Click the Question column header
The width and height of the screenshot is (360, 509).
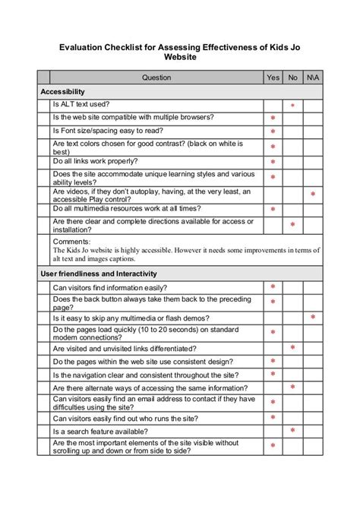(x=156, y=77)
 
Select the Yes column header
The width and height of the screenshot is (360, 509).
(x=273, y=77)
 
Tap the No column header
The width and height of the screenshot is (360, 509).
(x=292, y=77)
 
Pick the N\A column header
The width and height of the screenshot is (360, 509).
(x=312, y=77)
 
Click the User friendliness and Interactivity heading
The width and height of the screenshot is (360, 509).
(x=99, y=273)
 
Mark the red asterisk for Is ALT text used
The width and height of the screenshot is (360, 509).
(x=292, y=106)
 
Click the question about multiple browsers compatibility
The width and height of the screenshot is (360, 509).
(x=133, y=117)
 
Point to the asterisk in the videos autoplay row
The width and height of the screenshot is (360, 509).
(x=312, y=195)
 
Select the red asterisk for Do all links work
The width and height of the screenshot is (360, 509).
(x=273, y=163)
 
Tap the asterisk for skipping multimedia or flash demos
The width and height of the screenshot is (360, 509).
(x=312, y=317)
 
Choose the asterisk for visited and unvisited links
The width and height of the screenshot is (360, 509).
(x=292, y=347)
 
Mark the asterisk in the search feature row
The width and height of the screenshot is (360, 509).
(x=292, y=431)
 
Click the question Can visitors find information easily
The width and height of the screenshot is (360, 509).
(x=110, y=287)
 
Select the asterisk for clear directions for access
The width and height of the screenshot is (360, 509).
(x=292, y=225)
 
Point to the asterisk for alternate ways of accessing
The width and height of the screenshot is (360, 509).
(x=292, y=387)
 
